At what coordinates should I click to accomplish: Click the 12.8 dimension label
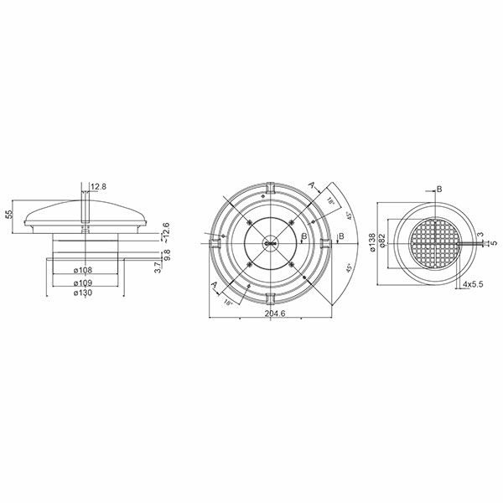pyautogui.click(x=99, y=187)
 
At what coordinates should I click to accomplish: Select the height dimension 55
pyautogui.click(x=9, y=214)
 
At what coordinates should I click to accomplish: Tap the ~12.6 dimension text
pyautogui.click(x=166, y=233)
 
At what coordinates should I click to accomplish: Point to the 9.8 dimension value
pyautogui.click(x=167, y=255)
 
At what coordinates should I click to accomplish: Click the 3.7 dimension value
pyautogui.click(x=158, y=267)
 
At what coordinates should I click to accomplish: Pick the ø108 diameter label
pyautogui.click(x=83, y=271)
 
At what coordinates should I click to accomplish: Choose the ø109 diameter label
pyautogui.click(x=83, y=283)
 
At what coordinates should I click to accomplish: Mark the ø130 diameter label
pyautogui.click(x=83, y=293)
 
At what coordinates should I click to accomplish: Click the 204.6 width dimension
pyautogui.click(x=275, y=314)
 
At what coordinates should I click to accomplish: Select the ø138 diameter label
pyautogui.click(x=372, y=242)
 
